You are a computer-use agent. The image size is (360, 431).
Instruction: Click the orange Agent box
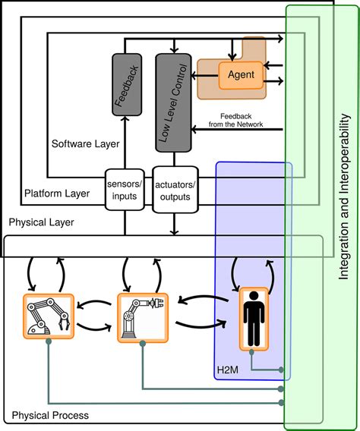pos(241,75)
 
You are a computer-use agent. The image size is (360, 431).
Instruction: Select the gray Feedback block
pos(127,85)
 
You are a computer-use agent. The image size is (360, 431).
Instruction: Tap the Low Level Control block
pos(173,102)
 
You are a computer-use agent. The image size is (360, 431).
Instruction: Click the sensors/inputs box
pos(125,190)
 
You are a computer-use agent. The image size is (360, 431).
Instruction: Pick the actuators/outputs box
pos(175,190)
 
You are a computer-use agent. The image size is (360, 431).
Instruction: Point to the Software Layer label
pos(86,143)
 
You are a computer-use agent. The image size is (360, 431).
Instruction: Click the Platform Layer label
pos(57,193)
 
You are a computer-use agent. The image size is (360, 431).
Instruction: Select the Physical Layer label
pos(41,222)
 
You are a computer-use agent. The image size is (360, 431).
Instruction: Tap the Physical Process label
pos(50,415)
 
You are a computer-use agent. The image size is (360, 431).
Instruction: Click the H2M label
pos(228,370)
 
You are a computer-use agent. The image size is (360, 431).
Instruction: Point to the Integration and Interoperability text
pos(344,197)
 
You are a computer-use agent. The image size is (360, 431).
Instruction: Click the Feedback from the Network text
pos(235,121)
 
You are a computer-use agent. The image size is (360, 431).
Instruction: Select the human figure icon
pos(254,319)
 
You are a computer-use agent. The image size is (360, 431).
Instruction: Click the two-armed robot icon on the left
pos(49,316)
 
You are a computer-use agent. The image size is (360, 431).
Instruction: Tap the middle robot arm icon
pos(143,318)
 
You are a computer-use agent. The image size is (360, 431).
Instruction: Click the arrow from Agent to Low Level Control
pos(204,75)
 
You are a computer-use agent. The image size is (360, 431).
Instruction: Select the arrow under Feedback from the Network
pos(237,129)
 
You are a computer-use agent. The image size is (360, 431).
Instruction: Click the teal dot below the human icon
pos(251,352)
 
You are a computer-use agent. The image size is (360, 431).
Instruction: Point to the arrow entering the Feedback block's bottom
pos(125,143)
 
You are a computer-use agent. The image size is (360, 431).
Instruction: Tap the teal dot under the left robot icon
pos(49,341)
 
